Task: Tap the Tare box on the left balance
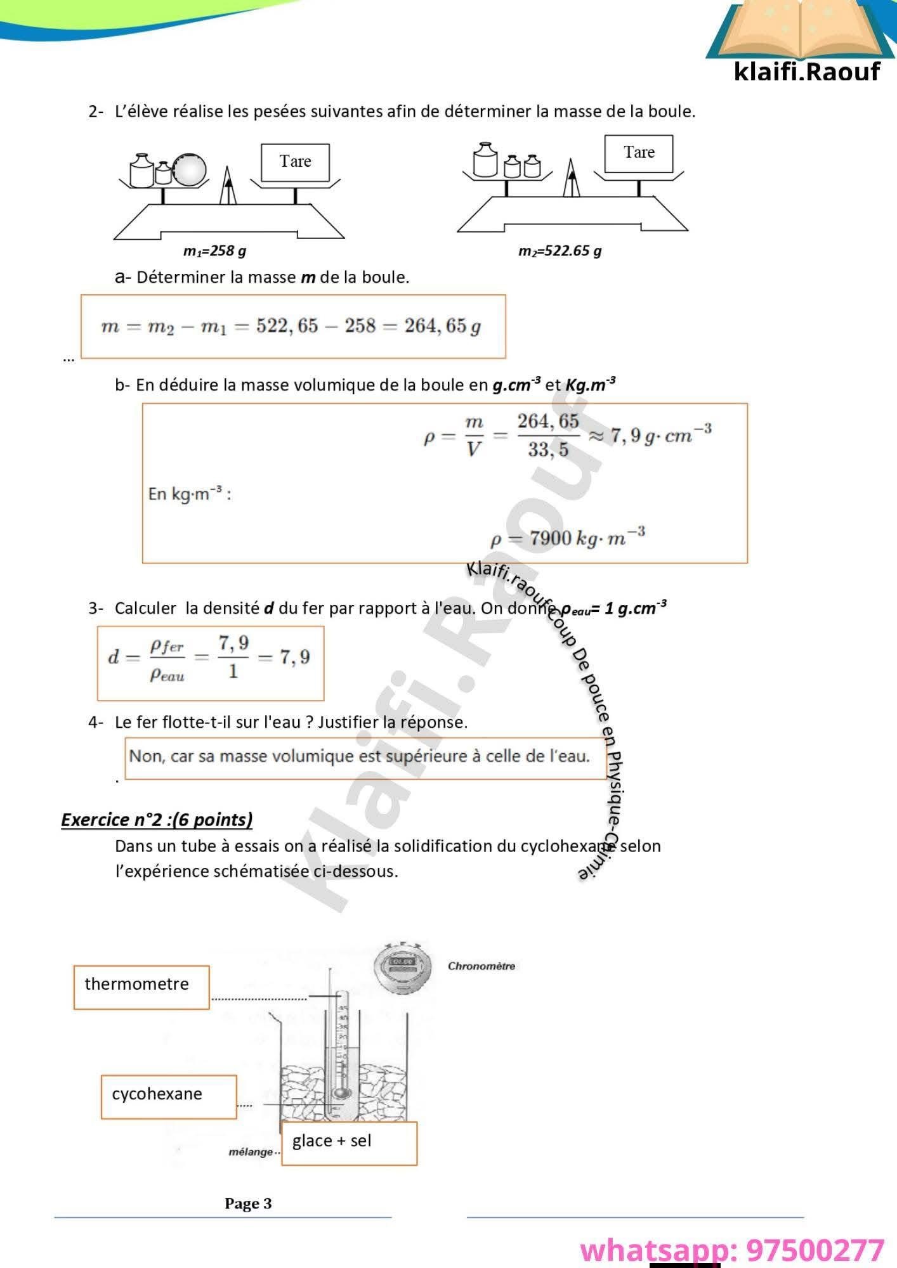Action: (x=295, y=162)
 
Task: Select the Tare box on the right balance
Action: (x=638, y=153)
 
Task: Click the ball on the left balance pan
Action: (x=190, y=169)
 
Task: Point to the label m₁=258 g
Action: (x=214, y=251)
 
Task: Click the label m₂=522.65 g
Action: (x=560, y=251)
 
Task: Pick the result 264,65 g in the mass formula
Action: (x=442, y=326)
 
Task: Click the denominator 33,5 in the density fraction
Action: (x=548, y=450)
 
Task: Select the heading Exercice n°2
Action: (x=157, y=820)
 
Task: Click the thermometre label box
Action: (x=141, y=987)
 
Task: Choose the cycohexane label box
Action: (x=168, y=1096)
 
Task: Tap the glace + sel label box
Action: (x=348, y=1142)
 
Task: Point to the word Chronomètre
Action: (x=481, y=966)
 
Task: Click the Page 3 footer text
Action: (x=248, y=1203)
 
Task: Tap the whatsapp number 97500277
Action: (x=815, y=1250)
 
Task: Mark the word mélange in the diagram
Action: (x=251, y=1151)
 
